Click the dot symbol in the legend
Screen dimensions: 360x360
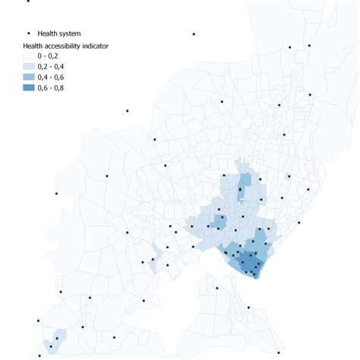coord(29,33)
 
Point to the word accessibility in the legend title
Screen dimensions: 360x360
coord(70,46)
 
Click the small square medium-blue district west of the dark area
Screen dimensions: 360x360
coord(219,222)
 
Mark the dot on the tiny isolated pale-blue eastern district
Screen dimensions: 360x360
coord(288,176)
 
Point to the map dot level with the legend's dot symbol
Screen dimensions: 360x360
coord(194,34)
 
